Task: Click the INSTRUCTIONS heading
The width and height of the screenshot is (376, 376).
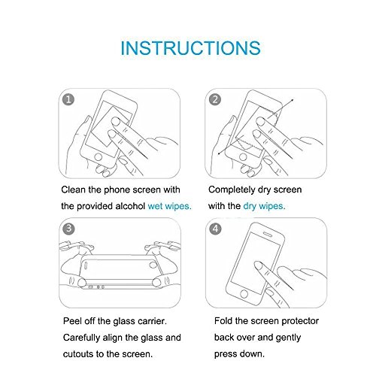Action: (190, 48)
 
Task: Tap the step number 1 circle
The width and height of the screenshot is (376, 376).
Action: (68, 99)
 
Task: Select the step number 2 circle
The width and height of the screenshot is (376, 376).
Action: (215, 99)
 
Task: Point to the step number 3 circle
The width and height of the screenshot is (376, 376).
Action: (68, 229)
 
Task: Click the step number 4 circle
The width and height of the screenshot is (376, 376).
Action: (215, 229)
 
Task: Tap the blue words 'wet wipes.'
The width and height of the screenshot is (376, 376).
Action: (170, 206)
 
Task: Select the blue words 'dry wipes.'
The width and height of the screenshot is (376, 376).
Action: (264, 206)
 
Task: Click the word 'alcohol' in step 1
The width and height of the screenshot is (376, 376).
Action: (130, 206)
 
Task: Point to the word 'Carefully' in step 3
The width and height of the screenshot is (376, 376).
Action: (81, 338)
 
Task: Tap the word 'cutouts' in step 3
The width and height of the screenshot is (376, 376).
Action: (78, 354)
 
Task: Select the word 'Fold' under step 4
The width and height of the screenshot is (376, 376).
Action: (223, 321)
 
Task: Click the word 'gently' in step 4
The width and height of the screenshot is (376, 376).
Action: (288, 338)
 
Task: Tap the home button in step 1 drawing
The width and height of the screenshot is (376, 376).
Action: (98, 157)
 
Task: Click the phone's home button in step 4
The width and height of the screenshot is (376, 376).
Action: (244, 293)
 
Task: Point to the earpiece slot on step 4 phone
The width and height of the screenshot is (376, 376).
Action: (268, 234)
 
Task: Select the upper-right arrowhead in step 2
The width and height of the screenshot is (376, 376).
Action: (292, 100)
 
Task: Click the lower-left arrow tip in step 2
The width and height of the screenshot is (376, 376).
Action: (219, 153)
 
